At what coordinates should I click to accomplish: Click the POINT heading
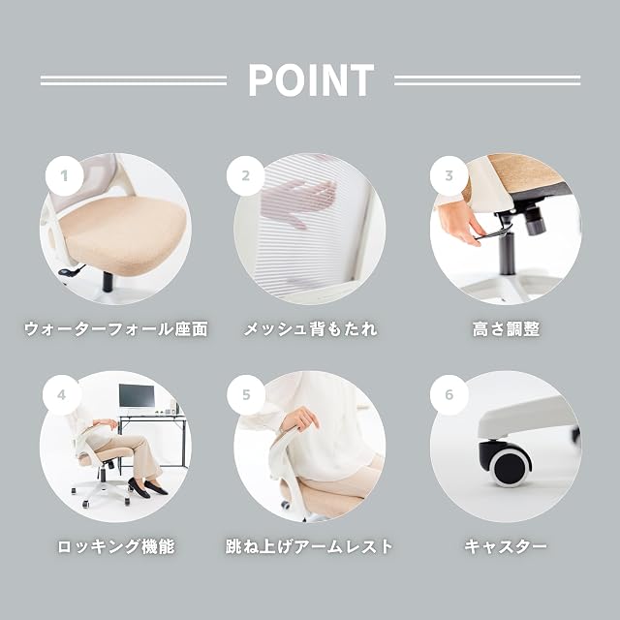[311, 80]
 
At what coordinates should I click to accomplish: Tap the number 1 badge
[65, 175]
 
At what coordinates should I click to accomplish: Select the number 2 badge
[246, 175]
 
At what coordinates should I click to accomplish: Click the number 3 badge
[449, 175]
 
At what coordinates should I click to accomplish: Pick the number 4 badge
[61, 394]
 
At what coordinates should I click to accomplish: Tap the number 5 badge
[246, 394]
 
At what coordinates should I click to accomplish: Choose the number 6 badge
[449, 394]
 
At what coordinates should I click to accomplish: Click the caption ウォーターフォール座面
[116, 329]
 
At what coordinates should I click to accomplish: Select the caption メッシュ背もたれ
[310, 329]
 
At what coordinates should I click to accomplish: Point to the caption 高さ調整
[506, 329]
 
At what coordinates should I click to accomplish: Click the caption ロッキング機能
[116, 546]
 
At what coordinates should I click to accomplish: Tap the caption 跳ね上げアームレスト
[309, 546]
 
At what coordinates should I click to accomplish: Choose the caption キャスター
[506, 546]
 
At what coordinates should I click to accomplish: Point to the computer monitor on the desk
[137, 396]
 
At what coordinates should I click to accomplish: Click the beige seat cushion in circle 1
[123, 232]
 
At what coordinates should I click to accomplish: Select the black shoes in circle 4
[148, 487]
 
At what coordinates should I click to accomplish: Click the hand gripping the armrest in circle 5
[300, 419]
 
